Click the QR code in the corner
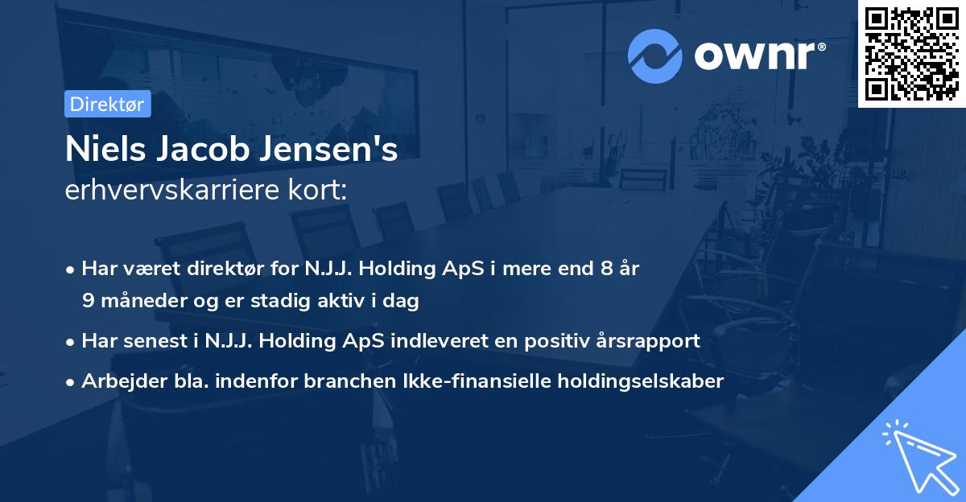(911, 54)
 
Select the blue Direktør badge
(107, 104)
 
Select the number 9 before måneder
(87, 301)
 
